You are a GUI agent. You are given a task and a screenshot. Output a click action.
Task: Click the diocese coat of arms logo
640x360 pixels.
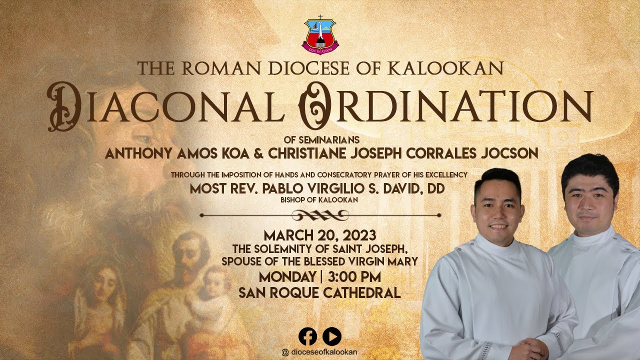click(320, 35)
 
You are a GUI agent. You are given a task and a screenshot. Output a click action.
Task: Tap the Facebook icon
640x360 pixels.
click(307, 336)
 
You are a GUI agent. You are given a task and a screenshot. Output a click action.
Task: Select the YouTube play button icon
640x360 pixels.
click(332, 336)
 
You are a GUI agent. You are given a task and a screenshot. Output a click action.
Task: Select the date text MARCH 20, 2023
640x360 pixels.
click(320, 235)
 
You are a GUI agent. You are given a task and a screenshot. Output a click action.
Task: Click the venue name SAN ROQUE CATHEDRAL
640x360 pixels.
click(320, 293)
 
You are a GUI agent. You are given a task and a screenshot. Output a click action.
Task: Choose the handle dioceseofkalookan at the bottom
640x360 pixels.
click(323, 352)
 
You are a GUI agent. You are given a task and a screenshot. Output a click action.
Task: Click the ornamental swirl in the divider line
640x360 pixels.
click(320, 215)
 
